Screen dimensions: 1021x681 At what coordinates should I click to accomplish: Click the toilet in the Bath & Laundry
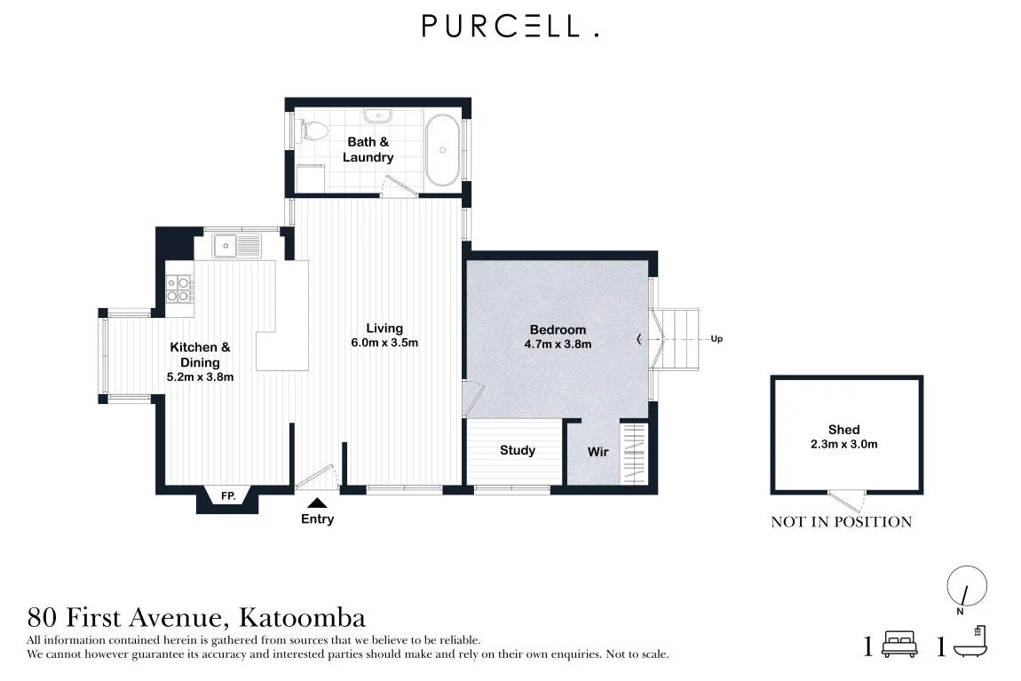313,131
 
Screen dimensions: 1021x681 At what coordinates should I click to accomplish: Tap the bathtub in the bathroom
443,150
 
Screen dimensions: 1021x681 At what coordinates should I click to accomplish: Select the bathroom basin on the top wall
377,116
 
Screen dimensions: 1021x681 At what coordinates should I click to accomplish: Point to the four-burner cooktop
178,289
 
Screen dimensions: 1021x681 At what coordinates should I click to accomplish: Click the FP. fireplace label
228,496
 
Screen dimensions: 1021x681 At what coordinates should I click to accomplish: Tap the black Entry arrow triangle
317,503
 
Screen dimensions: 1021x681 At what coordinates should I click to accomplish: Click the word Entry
317,519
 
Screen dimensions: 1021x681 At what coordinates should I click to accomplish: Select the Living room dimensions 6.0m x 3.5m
384,343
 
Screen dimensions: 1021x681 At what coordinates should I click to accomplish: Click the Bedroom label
558,329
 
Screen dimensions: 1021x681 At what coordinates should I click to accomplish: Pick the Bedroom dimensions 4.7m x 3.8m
558,344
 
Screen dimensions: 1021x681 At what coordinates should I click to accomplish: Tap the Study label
517,450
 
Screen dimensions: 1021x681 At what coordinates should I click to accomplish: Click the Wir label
598,452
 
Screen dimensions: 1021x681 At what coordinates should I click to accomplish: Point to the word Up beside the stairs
716,339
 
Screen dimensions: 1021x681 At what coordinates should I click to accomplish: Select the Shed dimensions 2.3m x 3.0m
844,445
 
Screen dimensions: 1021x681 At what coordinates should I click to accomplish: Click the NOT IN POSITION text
842,521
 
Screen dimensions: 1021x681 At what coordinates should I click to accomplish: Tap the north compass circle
967,585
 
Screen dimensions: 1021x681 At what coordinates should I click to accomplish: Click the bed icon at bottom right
899,644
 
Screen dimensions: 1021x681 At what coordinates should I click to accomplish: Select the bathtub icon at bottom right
971,642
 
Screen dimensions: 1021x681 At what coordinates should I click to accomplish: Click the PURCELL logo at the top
510,26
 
